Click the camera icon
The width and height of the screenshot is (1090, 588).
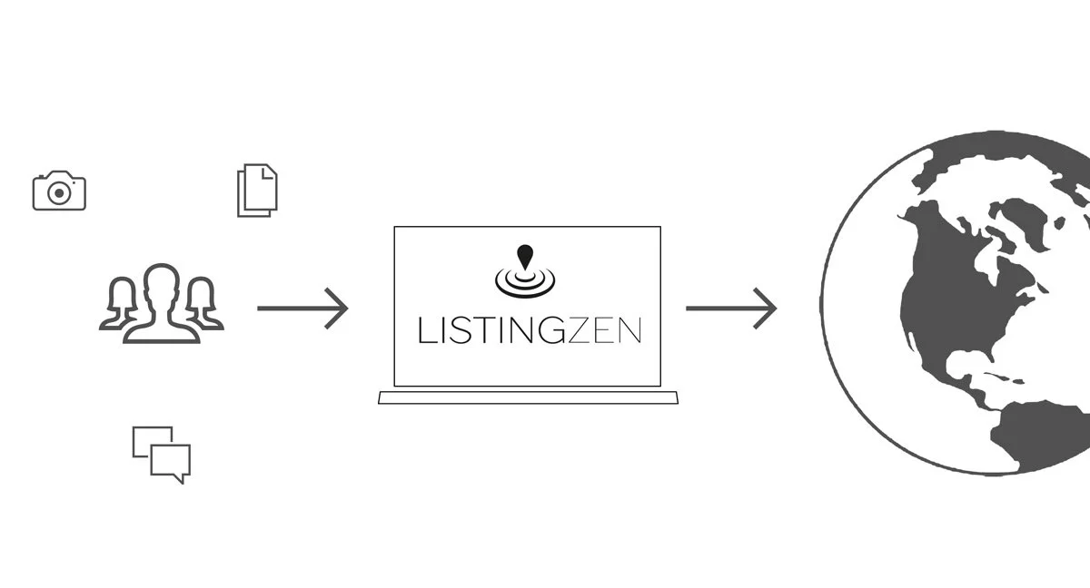click(59, 191)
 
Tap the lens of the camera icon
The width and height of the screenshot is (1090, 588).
click(59, 193)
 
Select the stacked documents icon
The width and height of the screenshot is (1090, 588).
click(257, 190)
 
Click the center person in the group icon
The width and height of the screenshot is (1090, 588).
click(162, 304)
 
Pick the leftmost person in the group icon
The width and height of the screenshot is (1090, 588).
click(121, 304)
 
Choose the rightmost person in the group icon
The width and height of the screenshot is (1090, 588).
click(203, 304)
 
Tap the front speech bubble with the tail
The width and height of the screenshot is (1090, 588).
click(170, 462)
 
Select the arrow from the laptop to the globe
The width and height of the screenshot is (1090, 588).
click(731, 309)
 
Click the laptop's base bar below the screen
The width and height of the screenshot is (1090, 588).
click(529, 397)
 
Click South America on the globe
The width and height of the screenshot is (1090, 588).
click(1045, 436)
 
